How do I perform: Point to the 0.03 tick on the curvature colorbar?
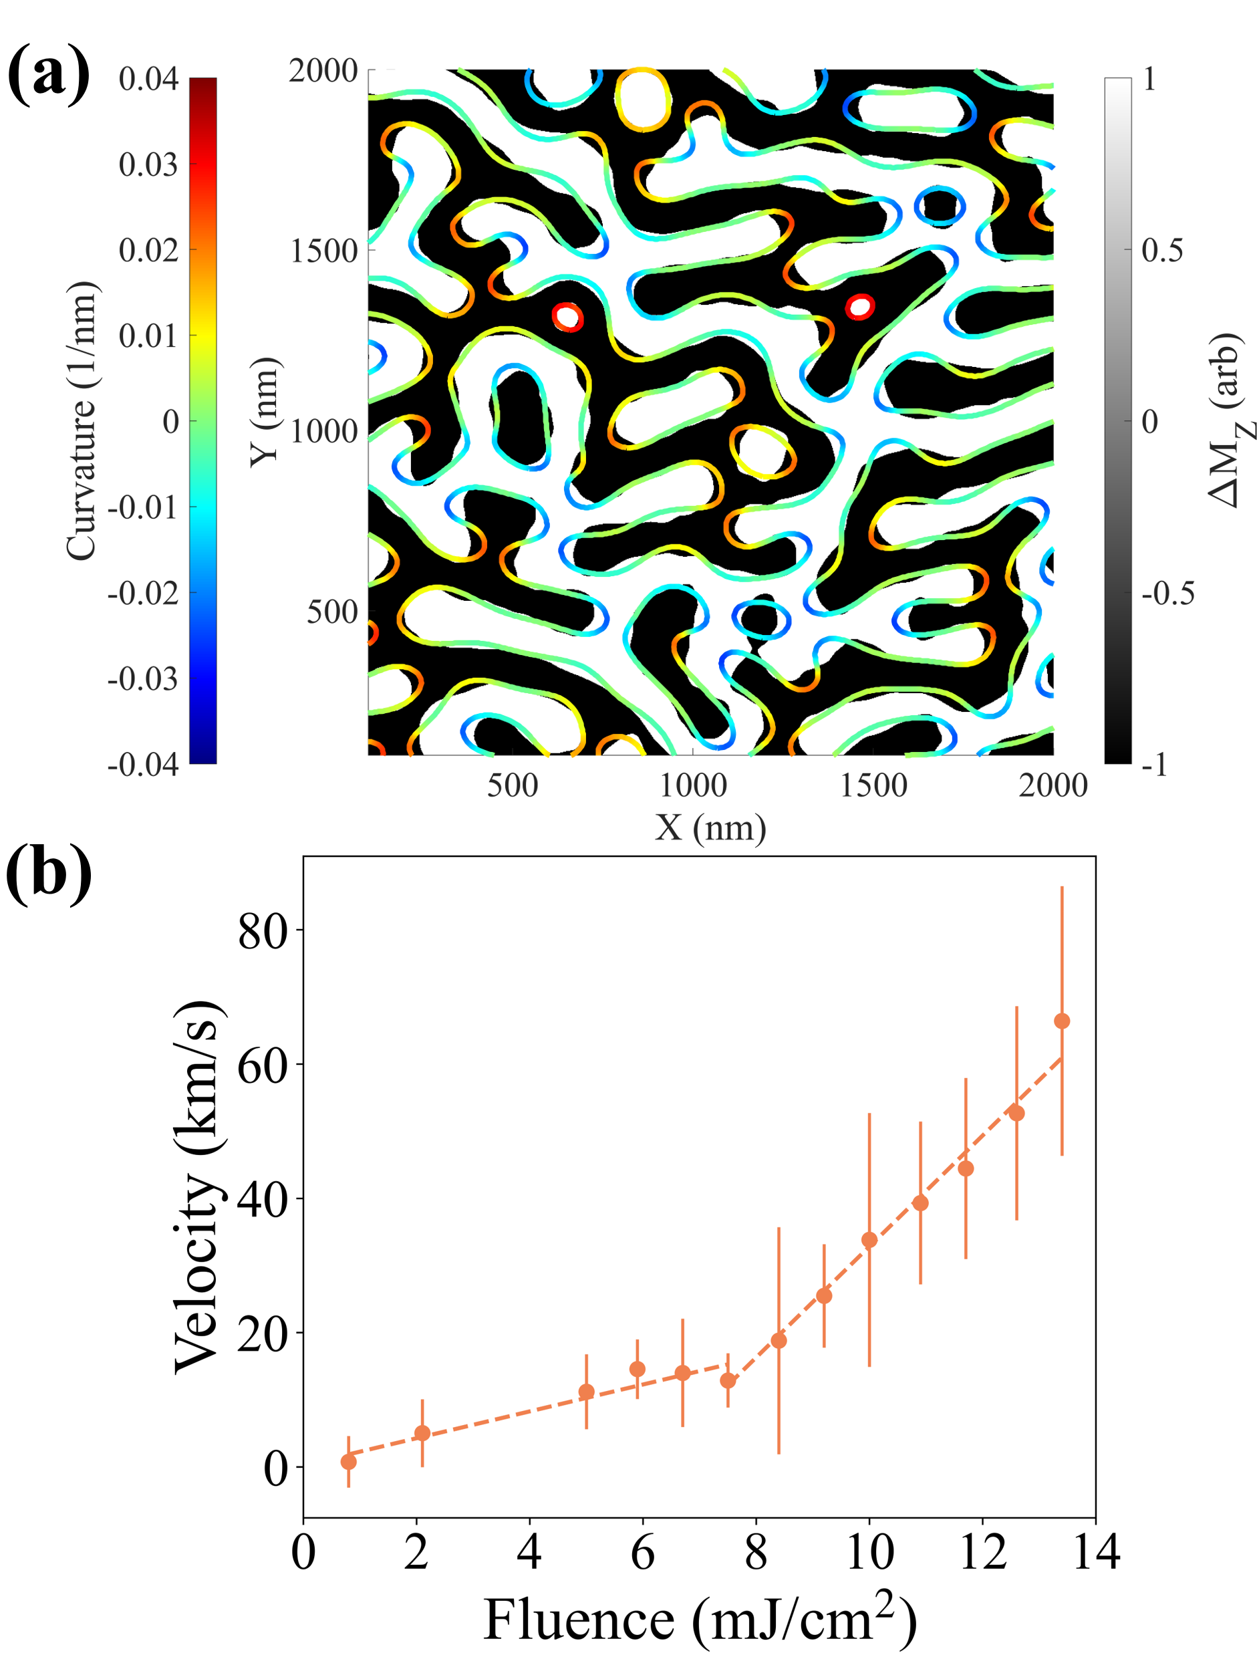point(148,164)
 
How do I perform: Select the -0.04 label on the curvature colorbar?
point(143,764)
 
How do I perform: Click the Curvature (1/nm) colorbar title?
point(82,421)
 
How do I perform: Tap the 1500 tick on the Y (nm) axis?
point(324,251)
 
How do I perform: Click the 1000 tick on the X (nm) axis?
point(692,786)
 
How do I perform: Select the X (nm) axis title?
point(710,827)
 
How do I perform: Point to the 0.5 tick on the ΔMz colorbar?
point(1161,250)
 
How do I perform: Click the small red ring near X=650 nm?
point(567,317)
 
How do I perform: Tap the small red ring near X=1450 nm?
point(859,307)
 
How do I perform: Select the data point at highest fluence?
point(1061,1021)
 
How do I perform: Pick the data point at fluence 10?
point(869,1240)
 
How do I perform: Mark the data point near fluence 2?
point(422,1432)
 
